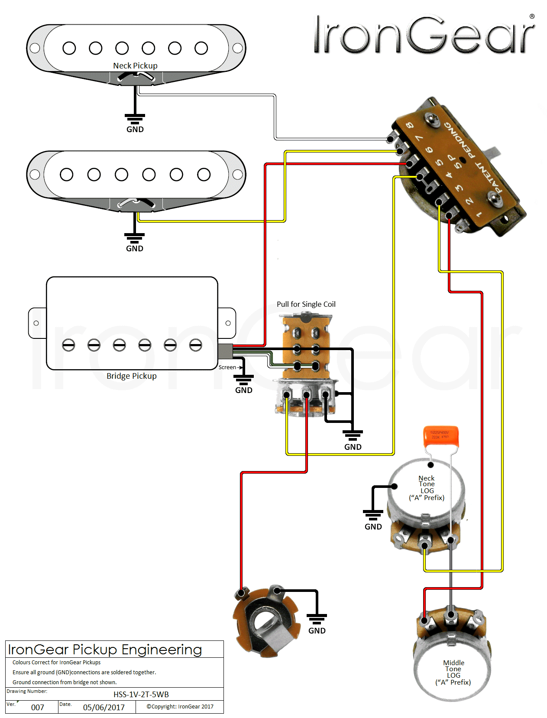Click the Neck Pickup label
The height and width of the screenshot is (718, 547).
tap(135, 66)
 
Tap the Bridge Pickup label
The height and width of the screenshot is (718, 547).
tap(132, 376)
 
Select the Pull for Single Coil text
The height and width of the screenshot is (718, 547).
tap(306, 304)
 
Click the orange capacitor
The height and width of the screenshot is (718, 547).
tap(440, 436)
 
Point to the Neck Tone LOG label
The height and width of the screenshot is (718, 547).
tap(427, 488)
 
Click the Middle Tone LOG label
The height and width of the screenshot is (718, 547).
tap(453, 672)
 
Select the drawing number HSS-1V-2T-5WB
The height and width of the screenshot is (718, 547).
tap(141, 694)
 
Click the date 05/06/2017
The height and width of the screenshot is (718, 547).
tap(104, 707)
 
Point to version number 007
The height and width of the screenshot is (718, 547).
tap(38, 707)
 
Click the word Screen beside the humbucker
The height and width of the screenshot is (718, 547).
tap(227, 367)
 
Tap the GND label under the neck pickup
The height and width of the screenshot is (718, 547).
tap(135, 130)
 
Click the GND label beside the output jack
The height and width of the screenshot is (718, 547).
tap(317, 630)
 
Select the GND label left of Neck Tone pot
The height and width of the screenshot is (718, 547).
tap(373, 526)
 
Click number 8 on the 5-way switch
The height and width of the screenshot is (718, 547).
tap(409, 126)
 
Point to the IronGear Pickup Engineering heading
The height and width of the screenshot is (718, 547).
tap(105, 650)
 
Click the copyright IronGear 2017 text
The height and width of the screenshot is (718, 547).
tap(180, 706)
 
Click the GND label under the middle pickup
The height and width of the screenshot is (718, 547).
tap(135, 248)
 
